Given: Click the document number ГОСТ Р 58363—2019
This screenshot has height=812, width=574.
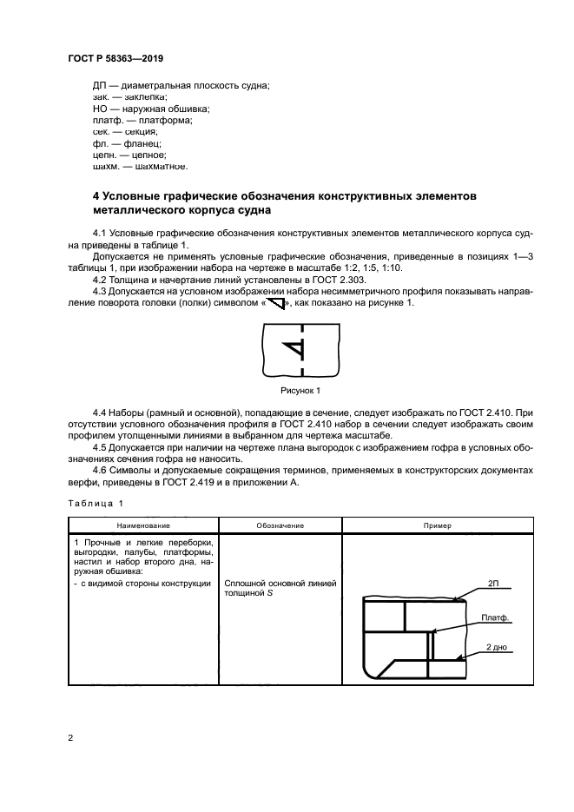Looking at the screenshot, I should [115, 58].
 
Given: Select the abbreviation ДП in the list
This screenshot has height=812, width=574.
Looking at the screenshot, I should [100, 85].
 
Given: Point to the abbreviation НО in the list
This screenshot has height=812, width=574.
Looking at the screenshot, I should [100, 109].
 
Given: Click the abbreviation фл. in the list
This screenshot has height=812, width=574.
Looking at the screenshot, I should [99, 142].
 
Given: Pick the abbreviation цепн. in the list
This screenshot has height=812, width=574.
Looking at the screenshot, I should [104, 154].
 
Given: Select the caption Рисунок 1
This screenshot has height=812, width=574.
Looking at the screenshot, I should [300, 390].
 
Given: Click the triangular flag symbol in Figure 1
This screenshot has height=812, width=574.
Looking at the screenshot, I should [295, 350].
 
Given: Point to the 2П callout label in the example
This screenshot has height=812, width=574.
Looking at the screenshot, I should [493, 583].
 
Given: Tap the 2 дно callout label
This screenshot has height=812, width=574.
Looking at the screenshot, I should [496, 648].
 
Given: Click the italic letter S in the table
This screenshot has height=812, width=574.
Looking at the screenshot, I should [270, 593].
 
